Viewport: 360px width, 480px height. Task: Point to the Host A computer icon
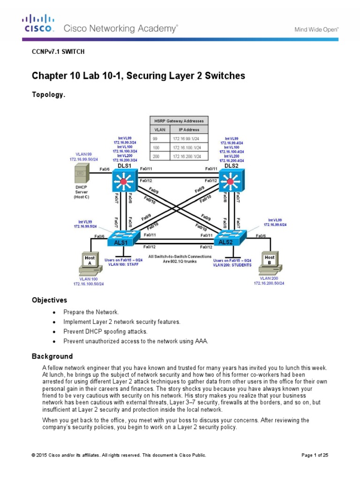tap(90, 262)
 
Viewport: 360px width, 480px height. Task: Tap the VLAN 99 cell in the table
tap(157, 138)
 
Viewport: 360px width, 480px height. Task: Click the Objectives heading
tap(49, 300)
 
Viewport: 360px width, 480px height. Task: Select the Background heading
tap(52, 356)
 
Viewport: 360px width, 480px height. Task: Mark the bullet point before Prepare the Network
tap(55, 312)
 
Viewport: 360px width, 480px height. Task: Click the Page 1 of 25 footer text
tap(314, 455)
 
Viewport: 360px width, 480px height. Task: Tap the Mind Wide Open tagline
tap(316, 29)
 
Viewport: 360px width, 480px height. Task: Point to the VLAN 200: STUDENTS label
tap(232, 265)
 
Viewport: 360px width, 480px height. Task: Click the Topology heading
tap(48, 94)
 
